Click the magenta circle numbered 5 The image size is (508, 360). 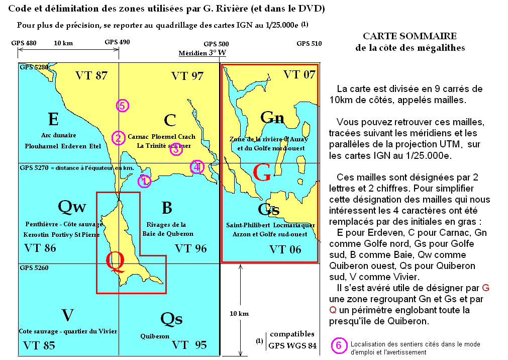[122, 106]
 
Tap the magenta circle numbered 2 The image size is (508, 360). [118, 138]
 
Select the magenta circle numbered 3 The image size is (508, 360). [176, 149]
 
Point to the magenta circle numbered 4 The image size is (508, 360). [197, 167]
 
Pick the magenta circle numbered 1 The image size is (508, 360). [144, 181]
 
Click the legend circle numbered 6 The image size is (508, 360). [339, 346]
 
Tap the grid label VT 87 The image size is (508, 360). [91, 76]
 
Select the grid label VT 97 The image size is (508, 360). [187, 76]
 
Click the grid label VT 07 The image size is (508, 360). [299, 75]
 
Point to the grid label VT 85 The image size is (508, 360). [40, 345]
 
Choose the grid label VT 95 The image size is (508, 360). [189, 345]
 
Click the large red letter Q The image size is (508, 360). [115, 262]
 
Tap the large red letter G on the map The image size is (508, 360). [262, 173]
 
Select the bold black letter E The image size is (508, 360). [53, 119]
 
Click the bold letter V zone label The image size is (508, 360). [68, 315]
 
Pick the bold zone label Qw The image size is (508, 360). [72, 206]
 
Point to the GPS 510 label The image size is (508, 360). [309, 44]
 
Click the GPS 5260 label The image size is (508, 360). [34, 268]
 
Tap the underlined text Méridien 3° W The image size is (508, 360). [202, 53]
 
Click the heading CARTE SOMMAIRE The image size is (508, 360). [410, 36]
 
